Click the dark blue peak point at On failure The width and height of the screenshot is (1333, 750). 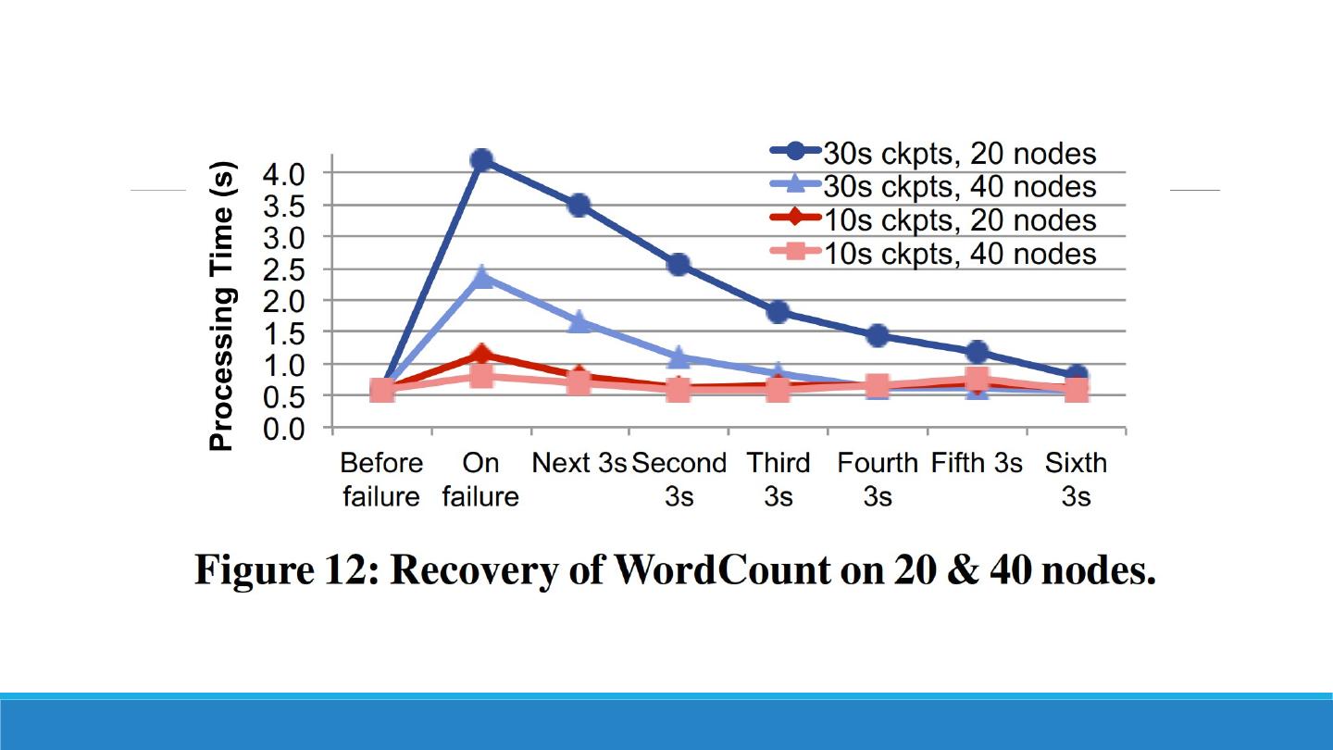(480, 160)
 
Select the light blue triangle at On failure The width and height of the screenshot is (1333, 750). (481, 276)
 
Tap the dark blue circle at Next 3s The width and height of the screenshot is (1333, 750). (579, 205)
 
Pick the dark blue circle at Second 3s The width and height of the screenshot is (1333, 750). (678, 265)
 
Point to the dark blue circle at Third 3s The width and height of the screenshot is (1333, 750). (778, 311)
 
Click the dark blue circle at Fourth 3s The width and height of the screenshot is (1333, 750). (877, 335)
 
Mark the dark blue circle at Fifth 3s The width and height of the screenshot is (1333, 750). (977, 352)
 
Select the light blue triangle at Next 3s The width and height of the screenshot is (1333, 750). (579, 321)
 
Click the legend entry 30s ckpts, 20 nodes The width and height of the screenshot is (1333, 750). (959, 153)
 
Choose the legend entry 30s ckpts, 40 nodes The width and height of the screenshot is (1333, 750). (959, 186)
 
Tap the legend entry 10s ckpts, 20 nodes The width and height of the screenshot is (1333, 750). (959, 220)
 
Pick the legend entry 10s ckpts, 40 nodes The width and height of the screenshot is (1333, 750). (959, 253)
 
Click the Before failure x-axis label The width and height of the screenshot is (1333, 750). (381, 480)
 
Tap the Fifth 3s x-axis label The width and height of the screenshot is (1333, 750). (977, 463)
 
